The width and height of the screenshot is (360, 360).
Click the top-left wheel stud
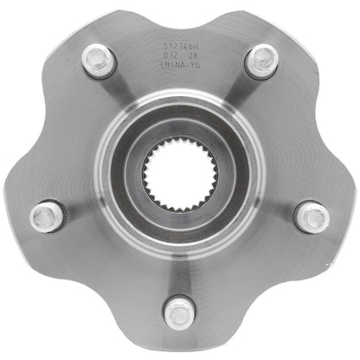click(x=99, y=61)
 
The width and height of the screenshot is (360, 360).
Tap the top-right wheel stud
click(x=260, y=61)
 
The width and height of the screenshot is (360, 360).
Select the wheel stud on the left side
click(x=48, y=215)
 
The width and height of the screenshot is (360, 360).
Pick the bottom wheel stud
click(x=179, y=311)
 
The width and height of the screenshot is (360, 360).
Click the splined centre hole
click(x=179, y=179)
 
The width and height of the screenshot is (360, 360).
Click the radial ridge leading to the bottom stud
click(x=179, y=268)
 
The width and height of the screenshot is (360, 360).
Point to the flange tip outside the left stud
click(x=16, y=227)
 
